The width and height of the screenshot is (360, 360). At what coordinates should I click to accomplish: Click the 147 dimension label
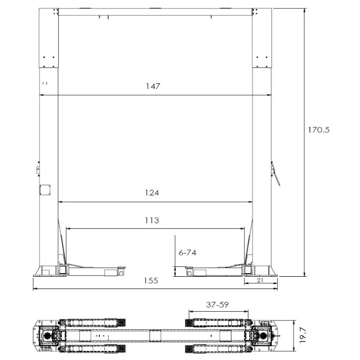[153, 86]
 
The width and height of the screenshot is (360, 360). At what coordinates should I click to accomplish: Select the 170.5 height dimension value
[318, 130]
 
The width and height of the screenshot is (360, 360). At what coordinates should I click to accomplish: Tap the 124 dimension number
[153, 193]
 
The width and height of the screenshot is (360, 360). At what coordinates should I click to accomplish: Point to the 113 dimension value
[152, 220]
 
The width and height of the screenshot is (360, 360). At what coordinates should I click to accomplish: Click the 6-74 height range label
[187, 253]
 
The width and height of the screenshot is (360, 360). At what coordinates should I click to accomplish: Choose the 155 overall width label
[151, 281]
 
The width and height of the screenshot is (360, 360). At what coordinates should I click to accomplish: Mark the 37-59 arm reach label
[217, 304]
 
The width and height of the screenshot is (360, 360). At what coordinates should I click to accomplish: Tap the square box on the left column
[43, 189]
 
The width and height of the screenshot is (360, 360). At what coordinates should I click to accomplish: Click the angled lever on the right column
[277, 174]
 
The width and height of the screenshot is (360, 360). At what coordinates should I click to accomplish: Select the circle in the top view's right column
[262, 335]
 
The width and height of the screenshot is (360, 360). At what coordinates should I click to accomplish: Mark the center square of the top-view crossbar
[155, 335]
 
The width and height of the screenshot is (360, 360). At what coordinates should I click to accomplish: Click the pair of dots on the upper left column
[45, 83]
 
